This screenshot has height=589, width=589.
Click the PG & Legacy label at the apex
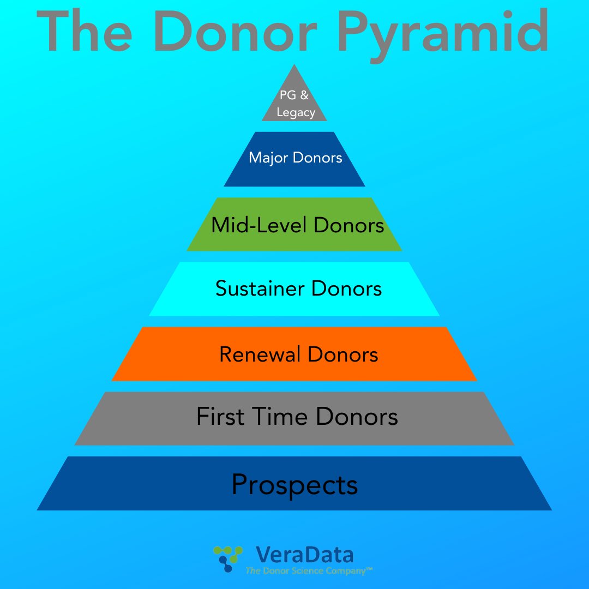tap(295, 104)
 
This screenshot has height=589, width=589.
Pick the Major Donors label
tap(295, 158)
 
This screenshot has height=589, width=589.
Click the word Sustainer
tap(261, 288)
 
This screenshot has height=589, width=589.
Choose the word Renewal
tap(260, 354)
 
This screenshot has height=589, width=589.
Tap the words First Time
tap(253, 417)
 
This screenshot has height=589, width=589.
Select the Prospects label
tap(294, 484)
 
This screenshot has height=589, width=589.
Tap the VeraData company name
tap(304, 555)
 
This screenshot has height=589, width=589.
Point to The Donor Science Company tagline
tap(309, 571)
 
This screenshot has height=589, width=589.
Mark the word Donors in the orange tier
tap(343, 354)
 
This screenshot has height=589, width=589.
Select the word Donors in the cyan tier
tap(347, 288)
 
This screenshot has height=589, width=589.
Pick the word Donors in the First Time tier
tap(357, 417)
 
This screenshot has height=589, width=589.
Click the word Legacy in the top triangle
tap(296, 113)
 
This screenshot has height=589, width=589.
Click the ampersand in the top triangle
tap(304, 95)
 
